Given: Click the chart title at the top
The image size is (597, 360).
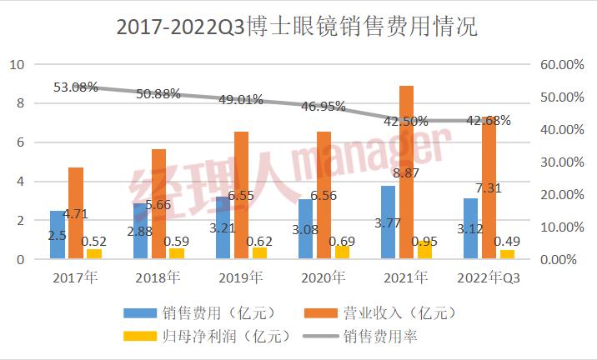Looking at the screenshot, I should click(298, 27).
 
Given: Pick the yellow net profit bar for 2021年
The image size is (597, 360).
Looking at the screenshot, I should click(425, 249).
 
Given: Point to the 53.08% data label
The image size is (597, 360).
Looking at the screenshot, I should click(76, 87).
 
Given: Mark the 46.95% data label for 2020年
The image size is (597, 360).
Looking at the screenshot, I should click(324, 107).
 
